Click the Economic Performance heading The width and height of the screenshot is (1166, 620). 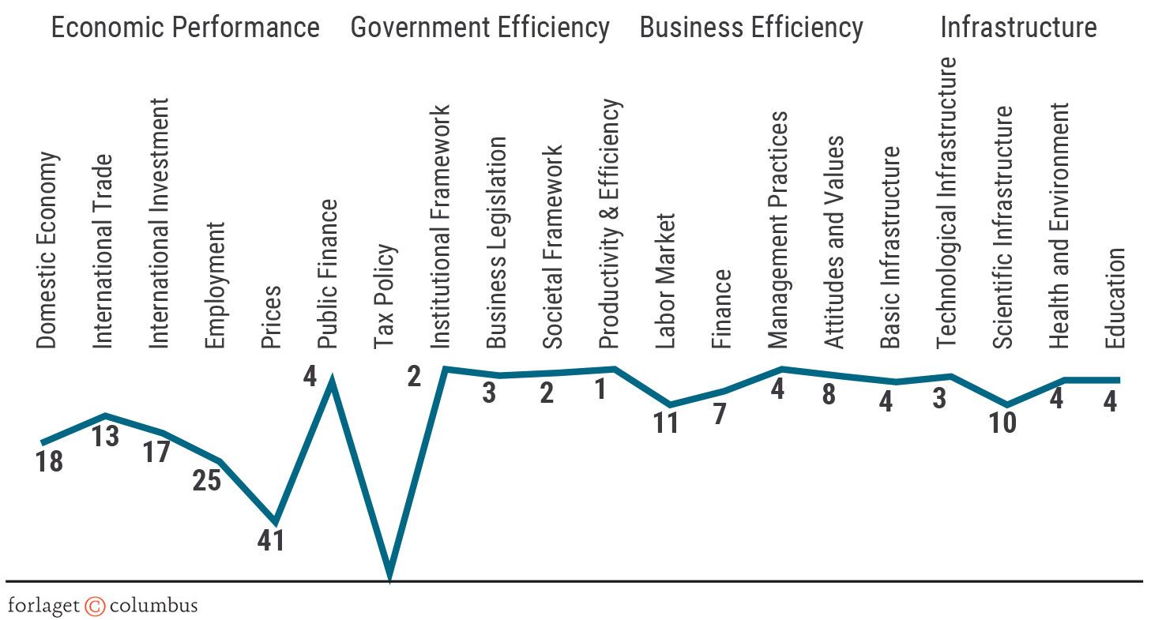click(185, 28)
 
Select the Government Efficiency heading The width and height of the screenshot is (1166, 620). click(480, 28)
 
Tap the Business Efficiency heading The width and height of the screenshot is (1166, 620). click(750, 28)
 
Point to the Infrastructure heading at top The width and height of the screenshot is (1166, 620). click(1017, 28)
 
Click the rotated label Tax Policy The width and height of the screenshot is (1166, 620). click(384, 296)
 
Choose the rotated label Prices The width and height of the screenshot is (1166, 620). click(271, 316)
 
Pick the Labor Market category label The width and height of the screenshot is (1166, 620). click(666, 280)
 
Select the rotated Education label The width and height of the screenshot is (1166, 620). click(1114, 298)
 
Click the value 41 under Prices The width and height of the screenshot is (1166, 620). click(271, 541)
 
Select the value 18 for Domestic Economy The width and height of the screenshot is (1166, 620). click(49, 461)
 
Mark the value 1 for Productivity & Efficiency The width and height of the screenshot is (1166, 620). click(600, 389)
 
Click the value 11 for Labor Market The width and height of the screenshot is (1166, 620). click(666, 423)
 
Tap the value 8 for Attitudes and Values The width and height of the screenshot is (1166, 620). click(828, 394)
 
